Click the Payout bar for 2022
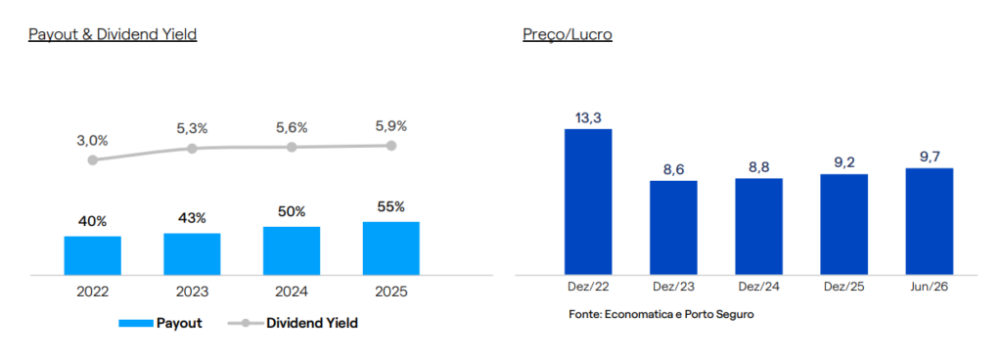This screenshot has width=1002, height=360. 93,255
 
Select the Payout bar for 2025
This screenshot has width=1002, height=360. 391,248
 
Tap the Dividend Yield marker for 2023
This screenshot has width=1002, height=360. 193,148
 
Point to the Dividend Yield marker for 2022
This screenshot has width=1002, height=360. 93,159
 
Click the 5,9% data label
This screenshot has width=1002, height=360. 391,126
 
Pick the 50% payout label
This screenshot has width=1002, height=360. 292,211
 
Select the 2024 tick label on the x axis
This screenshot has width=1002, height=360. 292,292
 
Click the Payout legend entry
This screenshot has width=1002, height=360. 160,323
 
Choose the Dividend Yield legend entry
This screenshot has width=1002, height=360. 293,323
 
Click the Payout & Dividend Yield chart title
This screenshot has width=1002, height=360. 113,34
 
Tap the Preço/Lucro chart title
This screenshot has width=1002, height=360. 568,34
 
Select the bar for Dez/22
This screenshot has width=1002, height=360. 588,202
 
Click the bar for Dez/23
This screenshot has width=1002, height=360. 673,228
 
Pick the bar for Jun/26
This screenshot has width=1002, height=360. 930,221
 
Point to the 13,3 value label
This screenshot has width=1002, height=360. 588,118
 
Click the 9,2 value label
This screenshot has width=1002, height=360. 844,162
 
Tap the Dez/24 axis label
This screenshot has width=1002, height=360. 758,287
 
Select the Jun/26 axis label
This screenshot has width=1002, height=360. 930,287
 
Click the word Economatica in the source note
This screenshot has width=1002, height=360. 634,315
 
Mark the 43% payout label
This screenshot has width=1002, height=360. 193,218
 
